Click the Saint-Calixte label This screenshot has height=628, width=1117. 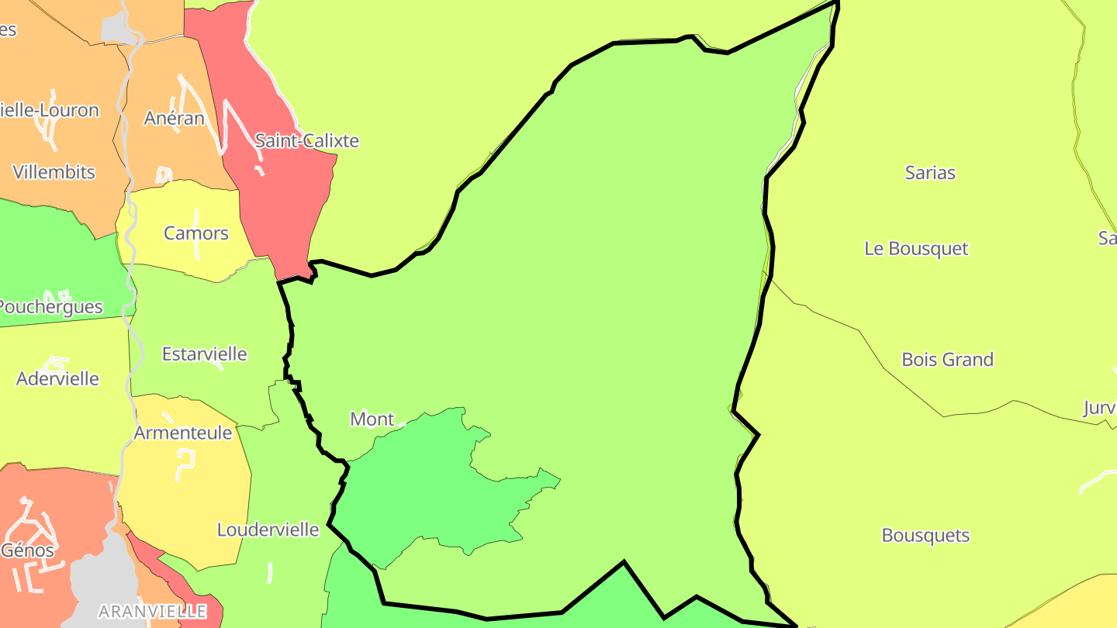(x=307, y=141)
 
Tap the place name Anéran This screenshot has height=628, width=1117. (x=175, y=118)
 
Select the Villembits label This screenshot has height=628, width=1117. (x=54, y=172)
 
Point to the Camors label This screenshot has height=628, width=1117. (x=196, y=233)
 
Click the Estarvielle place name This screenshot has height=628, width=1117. (x=205, y=354)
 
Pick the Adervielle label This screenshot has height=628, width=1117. (x=58, y=379)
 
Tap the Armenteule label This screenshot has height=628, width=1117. (x=183, y=433)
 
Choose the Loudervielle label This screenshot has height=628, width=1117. (x=268, y=530)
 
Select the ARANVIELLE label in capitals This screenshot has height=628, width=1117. (x=153, y=612)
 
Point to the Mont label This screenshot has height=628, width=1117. (x=372, y=419)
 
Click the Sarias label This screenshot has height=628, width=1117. (x=930, y=173)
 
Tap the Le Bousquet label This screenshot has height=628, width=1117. (x=916, y=249)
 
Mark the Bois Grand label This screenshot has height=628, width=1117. (x=947, y=360)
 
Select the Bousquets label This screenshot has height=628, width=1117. (x=925, y=536)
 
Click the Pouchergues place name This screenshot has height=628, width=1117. (x=51, y=307)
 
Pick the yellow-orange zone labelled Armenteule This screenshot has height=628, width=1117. (x=194, y=496)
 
